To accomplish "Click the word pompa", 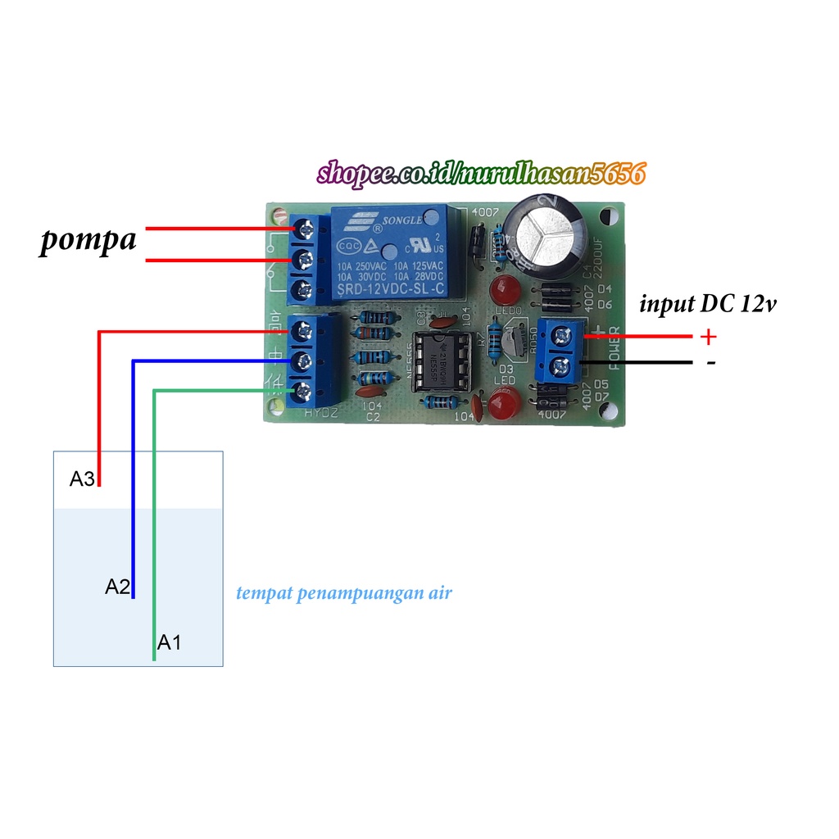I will click(88, 243).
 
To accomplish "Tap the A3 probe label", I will click(82, 479).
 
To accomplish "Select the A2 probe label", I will click(117, 586).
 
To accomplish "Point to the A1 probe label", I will click(169, 642).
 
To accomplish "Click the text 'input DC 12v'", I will click(706, 305).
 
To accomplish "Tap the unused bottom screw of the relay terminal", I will click(305, 288).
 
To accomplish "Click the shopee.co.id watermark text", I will click(482, 173).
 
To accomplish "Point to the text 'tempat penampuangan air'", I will click(344, 592).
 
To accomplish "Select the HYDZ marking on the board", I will click(321, 415).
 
